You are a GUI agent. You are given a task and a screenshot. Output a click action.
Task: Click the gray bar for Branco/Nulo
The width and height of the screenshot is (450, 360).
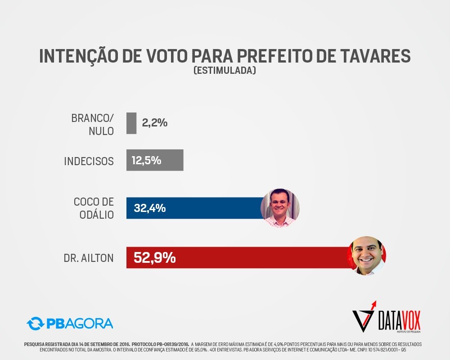131,123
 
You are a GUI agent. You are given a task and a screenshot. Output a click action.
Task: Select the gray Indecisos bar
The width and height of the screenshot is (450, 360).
155,160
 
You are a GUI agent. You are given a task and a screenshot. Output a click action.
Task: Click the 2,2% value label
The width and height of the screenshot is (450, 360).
155,122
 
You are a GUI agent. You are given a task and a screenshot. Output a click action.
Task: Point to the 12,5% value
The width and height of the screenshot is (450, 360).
146,160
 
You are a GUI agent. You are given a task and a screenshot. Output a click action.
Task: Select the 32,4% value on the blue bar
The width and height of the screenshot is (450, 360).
150,208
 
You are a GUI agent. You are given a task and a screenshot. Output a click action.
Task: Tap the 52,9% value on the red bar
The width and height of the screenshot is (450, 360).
154,258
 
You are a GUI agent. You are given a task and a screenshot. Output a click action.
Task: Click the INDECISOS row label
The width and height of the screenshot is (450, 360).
89,161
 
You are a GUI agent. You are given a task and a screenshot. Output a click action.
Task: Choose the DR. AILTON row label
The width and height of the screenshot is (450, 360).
89,258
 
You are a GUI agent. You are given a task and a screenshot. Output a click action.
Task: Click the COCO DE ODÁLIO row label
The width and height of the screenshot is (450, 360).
94,208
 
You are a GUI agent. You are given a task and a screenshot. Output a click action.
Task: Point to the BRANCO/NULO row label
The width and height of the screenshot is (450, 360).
93,124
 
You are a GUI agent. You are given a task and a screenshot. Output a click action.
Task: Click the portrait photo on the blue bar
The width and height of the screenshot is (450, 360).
280,207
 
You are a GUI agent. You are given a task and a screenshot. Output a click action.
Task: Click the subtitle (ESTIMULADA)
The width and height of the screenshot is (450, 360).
225,71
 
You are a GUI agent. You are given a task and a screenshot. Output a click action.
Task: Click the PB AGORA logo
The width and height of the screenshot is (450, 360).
70,323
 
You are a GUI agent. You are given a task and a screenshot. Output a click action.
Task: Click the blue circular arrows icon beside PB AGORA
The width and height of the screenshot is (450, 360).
35,323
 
